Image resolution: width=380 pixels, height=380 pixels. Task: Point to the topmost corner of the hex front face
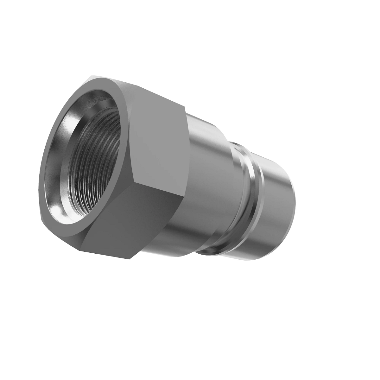(92, 76)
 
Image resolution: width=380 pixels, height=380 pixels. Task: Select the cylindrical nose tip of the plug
(279, 187)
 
